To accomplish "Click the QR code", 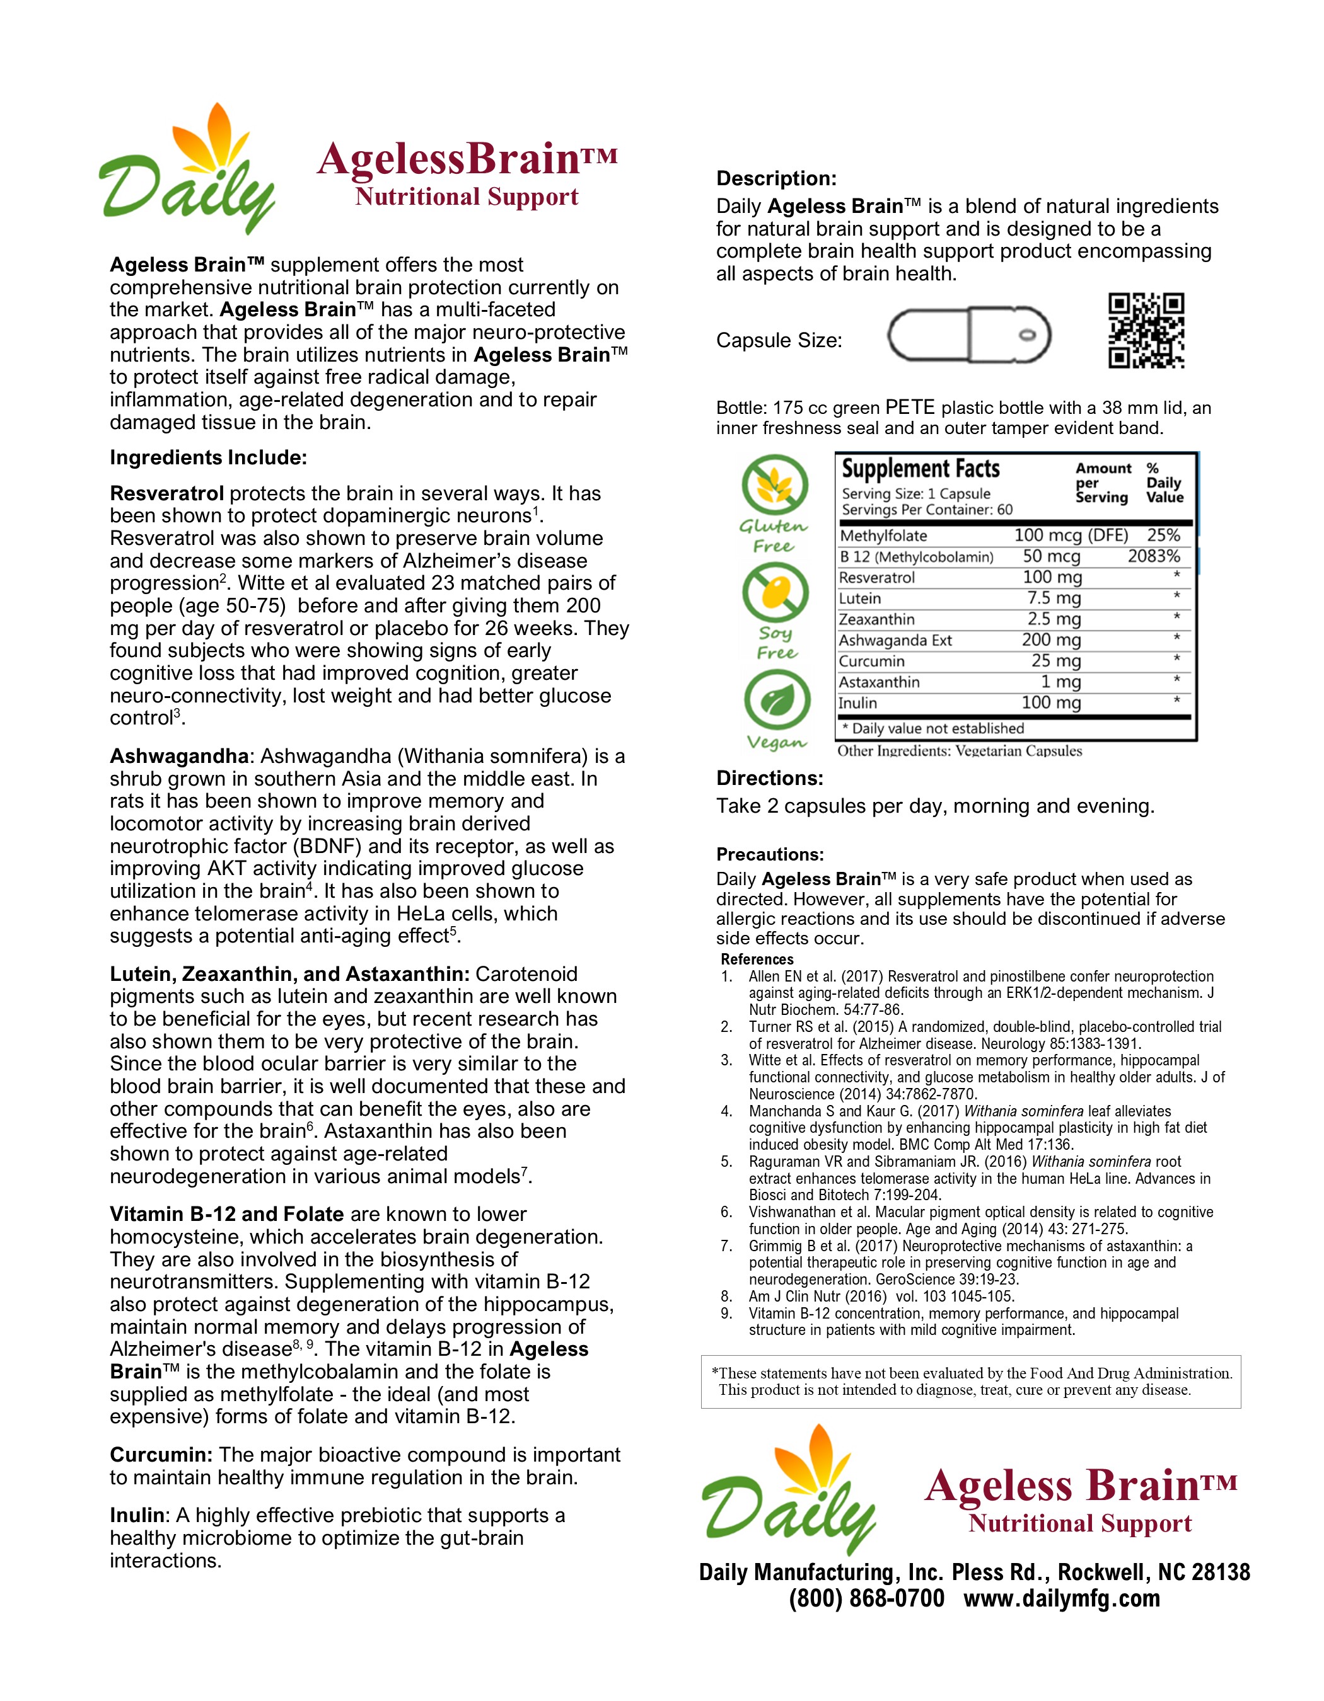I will pos(1146,330).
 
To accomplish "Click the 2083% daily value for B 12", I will pos(1153,556).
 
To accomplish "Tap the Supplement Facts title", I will pos(920,469).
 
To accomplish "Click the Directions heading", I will pos(769,778).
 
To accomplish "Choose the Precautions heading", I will pos(770,854).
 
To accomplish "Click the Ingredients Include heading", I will pos(208,457).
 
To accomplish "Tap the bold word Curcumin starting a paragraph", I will pos(161,1455).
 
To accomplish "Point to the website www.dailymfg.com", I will pos(1061,1599).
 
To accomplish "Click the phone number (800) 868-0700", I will pos(866,1599).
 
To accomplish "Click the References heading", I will pos(757,959).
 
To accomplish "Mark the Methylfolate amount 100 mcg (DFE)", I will pos(1071,535).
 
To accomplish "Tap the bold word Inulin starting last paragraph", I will pos(138,1516).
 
